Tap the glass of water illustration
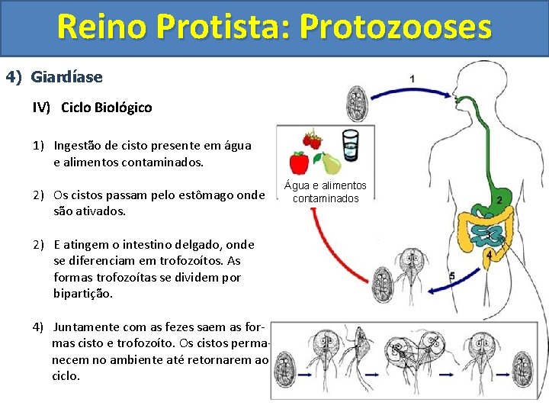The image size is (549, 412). point(350,144)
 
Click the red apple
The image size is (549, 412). point(300,163)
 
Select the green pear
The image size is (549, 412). point(329,163)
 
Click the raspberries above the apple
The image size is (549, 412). point(311,141)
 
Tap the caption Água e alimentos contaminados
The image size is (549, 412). point(326,192)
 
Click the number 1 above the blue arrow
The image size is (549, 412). point(413,79)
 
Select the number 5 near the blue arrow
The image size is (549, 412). point(452,275)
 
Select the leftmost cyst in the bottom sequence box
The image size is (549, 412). point(285,369)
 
